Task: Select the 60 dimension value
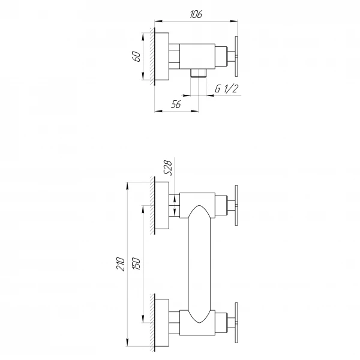pyautogui.click(x=137, y=56)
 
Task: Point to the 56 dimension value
pyautogui.click(x=176, y=104)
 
